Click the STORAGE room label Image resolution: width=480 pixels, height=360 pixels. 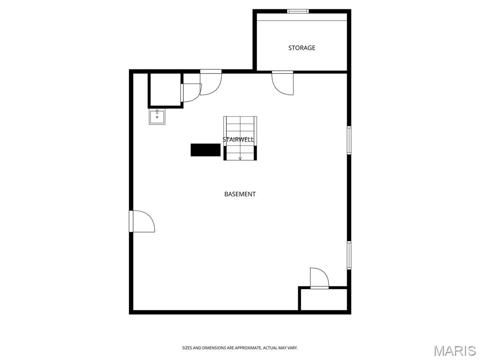point(301,48)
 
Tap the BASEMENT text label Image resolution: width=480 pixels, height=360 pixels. point(240,194)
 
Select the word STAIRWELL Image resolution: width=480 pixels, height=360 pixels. point(238,140)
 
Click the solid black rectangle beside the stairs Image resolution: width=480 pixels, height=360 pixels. point(205,150)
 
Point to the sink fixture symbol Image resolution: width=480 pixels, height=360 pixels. point(157,117)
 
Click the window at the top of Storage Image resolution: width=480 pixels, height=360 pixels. point(298,12)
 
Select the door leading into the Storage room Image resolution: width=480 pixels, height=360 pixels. point(283,82)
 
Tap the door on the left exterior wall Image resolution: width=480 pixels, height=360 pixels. point(142,221)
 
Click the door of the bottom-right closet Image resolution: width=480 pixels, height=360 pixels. point(319,278)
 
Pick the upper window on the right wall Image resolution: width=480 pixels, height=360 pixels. point(349,140)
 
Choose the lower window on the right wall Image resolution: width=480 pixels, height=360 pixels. point(349,255)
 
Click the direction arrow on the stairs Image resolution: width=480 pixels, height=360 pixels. point(240,158)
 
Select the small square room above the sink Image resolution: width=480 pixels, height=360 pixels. point(165,90)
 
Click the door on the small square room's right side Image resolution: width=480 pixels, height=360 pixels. point(191,92)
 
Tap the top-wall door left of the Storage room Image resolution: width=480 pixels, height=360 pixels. point(211,82)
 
